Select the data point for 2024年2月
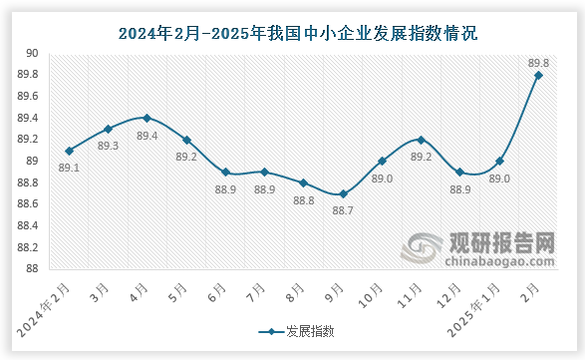click(x=69, y=151)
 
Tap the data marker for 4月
click(x=146, y=119)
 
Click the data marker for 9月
click(x=343, y=193)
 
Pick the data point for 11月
click(x=421, y=140)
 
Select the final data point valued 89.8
click(x=538, y=75)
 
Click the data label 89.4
click(x=147, y=136)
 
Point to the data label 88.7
click(x=343, y=210)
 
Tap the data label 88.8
click(x=304, y=199)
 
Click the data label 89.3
click(x=109, y=146)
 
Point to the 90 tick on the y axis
click(x=32, y=54)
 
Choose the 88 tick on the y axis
click(x=32, y=269)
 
